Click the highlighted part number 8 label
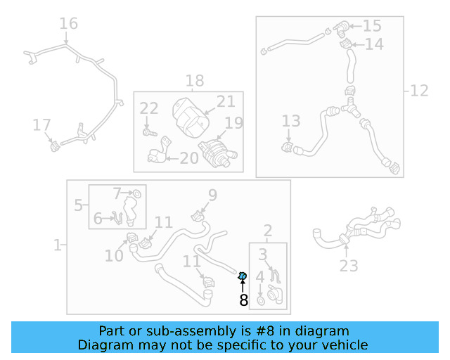click(243, 301)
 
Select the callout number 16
click(68, 24)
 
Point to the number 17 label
click(42, 125)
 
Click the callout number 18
click(195, 80)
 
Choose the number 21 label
click(226, 101)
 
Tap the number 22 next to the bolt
click(149, 109)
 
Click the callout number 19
click(233, 123)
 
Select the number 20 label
click(189, 158)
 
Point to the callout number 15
click(371, 26)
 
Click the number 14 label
click(374, 44)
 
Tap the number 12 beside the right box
click(419, 90)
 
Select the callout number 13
click(290, 122)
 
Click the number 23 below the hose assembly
click(349, 265)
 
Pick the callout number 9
click(212, 195)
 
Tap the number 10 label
click(114, 256)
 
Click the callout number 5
click(79, 205)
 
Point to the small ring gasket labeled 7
click(137, 193)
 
